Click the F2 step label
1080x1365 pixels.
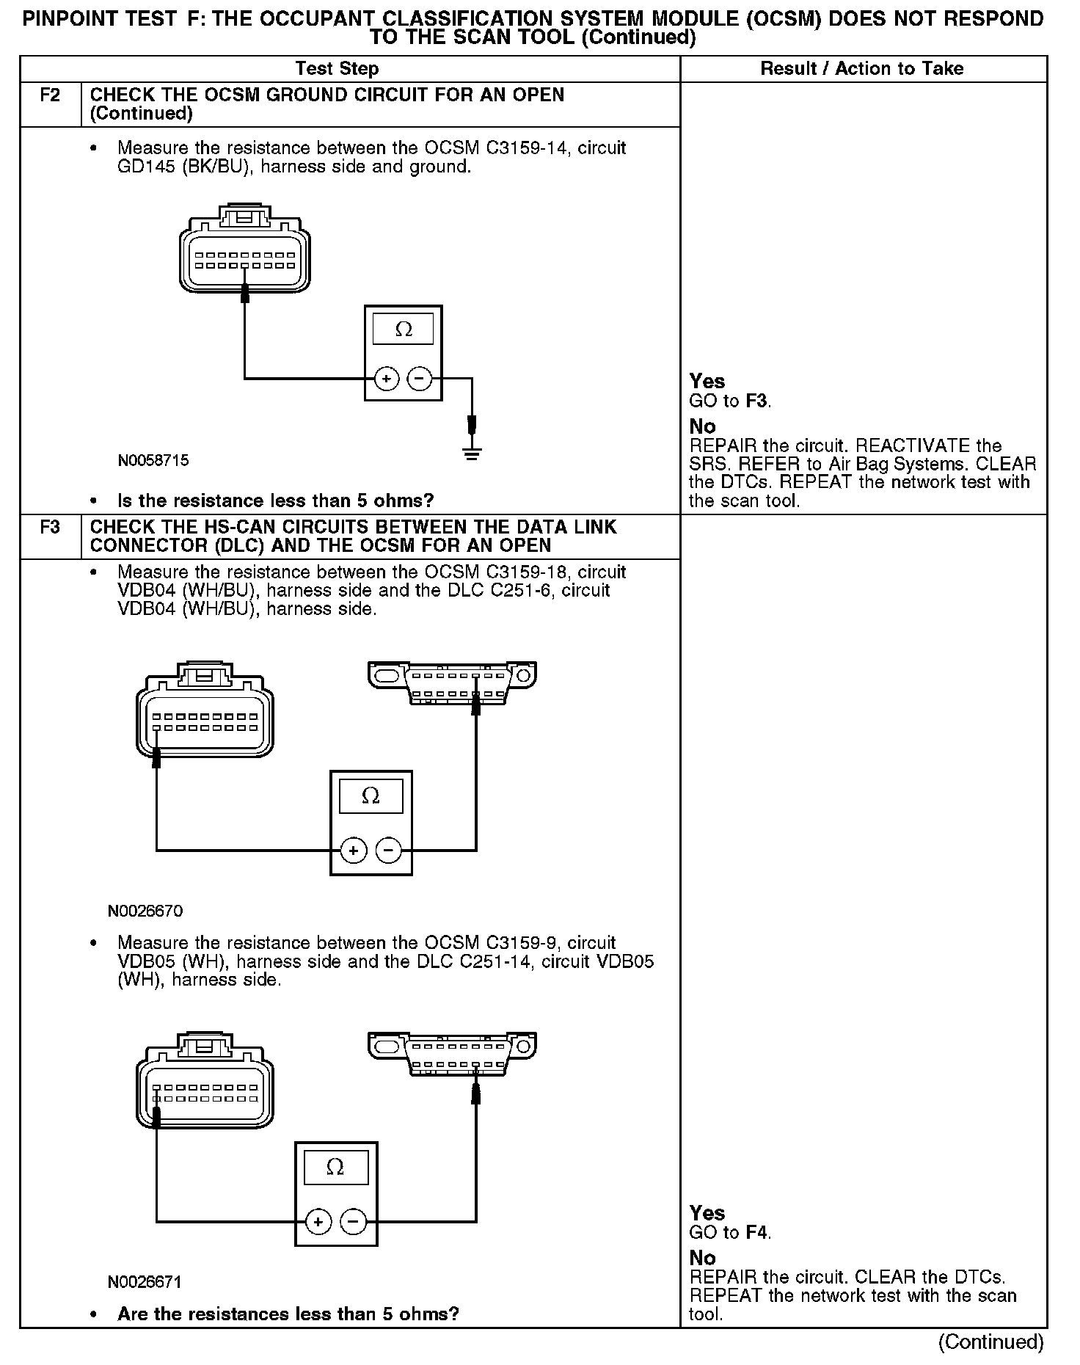[49, 95]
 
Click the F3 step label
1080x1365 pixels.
[49, 528]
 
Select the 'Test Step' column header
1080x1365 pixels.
[337, 69]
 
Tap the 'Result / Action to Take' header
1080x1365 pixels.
[862, 69]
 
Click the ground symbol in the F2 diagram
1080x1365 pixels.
[472, 452]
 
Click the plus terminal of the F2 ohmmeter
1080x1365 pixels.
[387, 379]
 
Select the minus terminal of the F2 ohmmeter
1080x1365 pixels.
[419, 379]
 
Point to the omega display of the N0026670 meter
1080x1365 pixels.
[371, 796]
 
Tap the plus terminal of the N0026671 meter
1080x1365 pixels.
[318, 1222]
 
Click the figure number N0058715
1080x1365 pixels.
[153, 461]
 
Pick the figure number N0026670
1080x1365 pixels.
[145, 911]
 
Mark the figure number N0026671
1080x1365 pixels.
[145, 1282]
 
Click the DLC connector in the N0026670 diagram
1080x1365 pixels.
[453, 683]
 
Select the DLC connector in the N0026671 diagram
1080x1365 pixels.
[453, 1054]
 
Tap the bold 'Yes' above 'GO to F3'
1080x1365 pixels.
[707, 382]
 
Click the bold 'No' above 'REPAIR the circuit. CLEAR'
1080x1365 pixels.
[702, 1258]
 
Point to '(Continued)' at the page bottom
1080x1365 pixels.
[990, 1342]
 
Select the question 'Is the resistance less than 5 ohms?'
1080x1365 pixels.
[276, 501]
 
